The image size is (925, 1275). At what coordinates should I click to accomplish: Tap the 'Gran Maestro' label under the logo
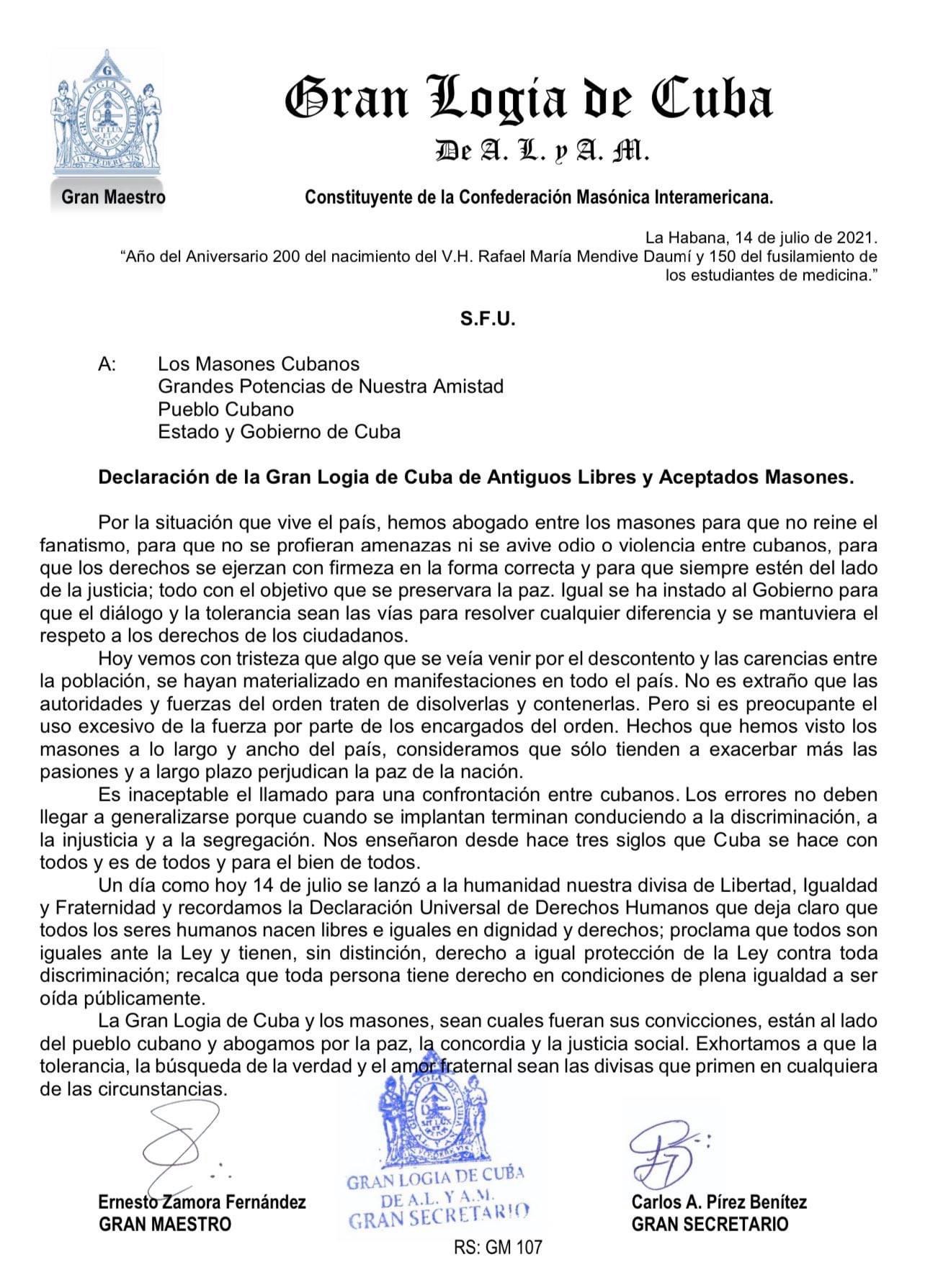click(x=114, y=197)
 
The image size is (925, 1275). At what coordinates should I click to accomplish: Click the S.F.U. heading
click(x=488, y=320)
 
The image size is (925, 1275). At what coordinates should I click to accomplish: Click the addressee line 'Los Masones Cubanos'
click(x=259, y=364)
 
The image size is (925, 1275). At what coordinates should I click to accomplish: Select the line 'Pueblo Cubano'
click(x=226, y=409)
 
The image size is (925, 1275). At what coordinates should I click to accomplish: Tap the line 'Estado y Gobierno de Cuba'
click(x=279, y=432)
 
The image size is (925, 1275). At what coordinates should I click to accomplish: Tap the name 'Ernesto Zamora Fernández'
click(x=202, y=1202)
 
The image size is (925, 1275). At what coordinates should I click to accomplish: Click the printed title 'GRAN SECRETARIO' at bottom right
click(x=710, y=1224)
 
